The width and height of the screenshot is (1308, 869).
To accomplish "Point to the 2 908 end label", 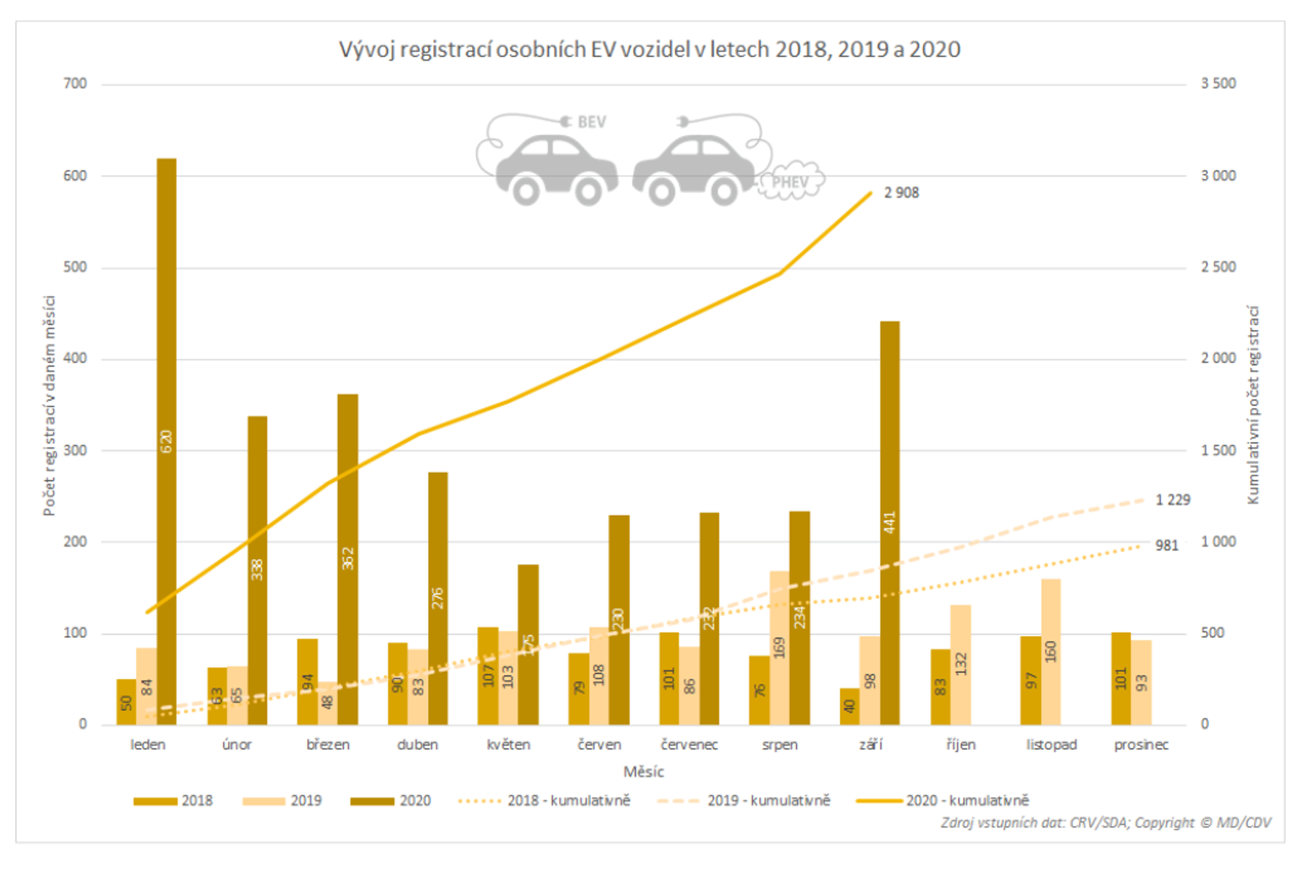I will point(901,193).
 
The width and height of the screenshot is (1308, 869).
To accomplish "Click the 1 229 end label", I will point(1172,500).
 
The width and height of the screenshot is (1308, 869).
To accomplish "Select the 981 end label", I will point(1166,545).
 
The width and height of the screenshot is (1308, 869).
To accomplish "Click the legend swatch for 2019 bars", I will point(263,801).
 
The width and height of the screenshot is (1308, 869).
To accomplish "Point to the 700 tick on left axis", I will point(75,84).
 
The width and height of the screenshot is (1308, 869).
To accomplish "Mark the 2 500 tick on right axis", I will point(1218,267).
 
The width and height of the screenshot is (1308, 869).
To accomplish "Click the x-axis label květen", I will point(508,744).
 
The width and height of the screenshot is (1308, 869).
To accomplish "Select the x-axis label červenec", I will point(689,744).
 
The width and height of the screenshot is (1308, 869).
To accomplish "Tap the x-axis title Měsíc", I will point(643,771).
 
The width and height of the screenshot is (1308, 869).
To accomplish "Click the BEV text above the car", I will point(591,123).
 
